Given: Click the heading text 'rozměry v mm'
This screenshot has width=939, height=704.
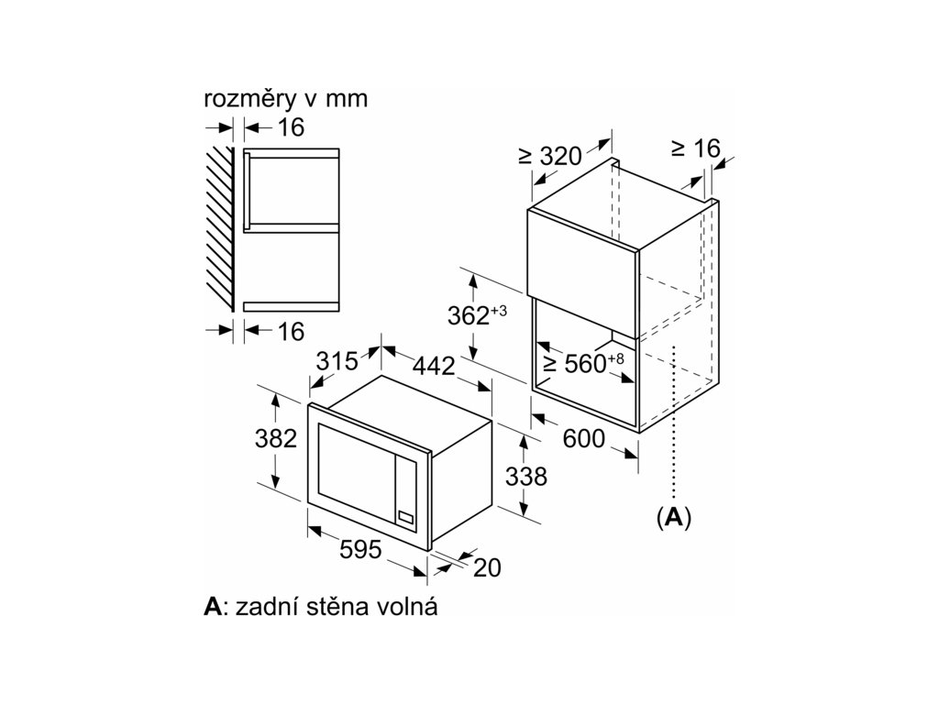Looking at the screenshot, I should click(x=285, y=99).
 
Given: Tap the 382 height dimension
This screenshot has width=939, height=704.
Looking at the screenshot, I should click(x=275, y=439).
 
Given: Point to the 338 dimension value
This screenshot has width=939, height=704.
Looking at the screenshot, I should click(x=526, y=477).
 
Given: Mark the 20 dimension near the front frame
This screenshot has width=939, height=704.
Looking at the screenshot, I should click(x=488, y=568).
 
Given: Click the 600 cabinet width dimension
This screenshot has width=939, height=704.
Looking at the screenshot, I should click(x=583, y=439).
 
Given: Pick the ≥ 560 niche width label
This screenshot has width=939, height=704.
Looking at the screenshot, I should click(x=583, y=363).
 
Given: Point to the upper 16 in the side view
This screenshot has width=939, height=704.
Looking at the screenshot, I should click(x=290, y=127).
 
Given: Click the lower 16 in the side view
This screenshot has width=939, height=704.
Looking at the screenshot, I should click(x=290, y=331).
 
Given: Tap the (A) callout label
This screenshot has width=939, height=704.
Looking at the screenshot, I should click(x=674, y=517).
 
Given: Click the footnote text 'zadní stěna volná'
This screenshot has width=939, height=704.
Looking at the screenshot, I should click(x=337, y=607).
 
